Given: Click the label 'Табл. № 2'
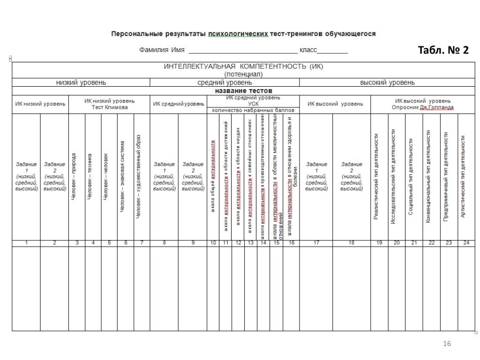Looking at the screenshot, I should point(443,50).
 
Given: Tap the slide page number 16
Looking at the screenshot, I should point(447,345).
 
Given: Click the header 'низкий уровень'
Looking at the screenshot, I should point(81,82).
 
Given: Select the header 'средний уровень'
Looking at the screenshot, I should point(225,82).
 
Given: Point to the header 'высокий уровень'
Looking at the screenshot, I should point(387,82).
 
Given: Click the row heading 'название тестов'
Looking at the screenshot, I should point(243,90).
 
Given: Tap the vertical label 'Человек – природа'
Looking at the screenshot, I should point(74,177).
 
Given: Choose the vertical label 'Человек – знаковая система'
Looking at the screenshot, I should point(122,177).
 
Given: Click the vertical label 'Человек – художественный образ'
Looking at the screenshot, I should point(138,177).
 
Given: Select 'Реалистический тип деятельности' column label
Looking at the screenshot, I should point(376,177).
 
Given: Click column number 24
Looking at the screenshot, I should point(466,242).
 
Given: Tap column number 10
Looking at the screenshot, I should point(213,242).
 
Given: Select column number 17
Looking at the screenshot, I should point(316,242).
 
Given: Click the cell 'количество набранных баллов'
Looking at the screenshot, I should point(253,111).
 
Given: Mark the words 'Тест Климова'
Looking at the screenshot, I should point(109,107).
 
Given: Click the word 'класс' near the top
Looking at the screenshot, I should point(309,50).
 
